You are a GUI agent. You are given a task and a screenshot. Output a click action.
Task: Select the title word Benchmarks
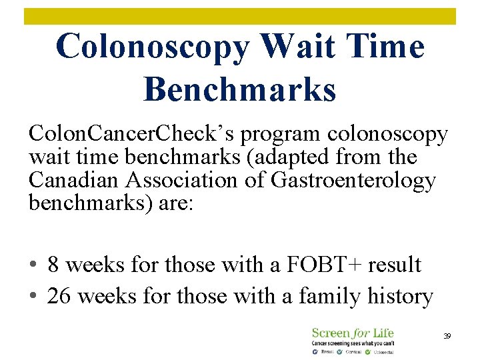tap(239, 89)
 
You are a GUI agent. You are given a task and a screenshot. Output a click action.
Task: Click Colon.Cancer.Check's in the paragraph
tap(132, 135)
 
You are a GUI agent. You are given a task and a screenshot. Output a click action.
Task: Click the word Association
tap(173, 180)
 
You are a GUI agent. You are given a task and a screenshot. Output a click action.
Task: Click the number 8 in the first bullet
tap(54, 265)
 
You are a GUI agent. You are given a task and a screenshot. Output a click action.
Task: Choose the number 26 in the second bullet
tap(59, 295)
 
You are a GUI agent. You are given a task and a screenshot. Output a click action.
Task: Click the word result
tap(394, 265)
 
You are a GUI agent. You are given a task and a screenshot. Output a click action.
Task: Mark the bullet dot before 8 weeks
tap(33, 266)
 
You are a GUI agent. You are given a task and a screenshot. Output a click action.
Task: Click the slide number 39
tap(447, 337)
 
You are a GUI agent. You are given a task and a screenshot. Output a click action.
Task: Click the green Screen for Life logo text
tap(353, 333)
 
